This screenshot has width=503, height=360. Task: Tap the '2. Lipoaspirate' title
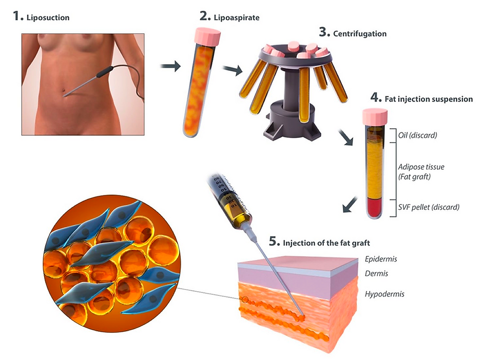pos(230,17)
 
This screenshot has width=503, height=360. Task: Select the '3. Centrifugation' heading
pos(353,33)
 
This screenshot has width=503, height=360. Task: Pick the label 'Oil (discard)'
pos(414,135)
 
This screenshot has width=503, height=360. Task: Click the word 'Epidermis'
pos(380,259)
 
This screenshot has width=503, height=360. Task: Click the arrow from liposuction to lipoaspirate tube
pos(170,66)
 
